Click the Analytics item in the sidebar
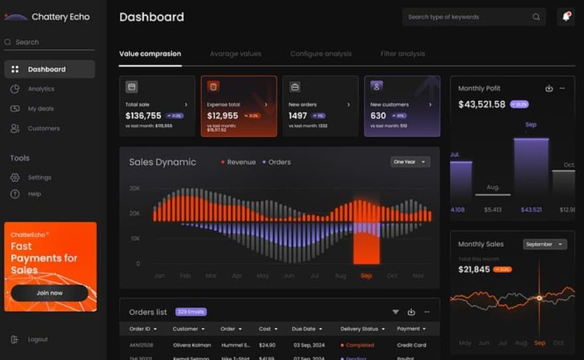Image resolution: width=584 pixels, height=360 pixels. (41, 89)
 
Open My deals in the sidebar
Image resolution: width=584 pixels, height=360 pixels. (40, 108)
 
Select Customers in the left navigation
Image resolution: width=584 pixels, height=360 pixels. (43, 128)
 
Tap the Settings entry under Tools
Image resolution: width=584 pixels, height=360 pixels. (39, 178)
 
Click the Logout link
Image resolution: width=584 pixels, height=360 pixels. (37, 339)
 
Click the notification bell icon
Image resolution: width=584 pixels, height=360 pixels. (566, 17)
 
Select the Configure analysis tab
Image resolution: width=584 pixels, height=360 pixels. (321, 54)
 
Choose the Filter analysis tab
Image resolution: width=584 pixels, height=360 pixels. (403, 54)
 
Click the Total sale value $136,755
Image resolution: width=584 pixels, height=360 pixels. (143, 116)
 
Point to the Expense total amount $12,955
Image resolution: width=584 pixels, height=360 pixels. (222, 116)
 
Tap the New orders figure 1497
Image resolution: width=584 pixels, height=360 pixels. (298, 116)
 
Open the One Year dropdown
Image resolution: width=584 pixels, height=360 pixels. (410, 162)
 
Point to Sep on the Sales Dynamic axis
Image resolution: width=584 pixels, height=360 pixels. (366, 275)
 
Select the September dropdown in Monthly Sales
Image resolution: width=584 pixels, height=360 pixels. (545, 244)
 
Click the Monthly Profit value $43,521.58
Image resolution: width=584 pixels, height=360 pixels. (482, 104)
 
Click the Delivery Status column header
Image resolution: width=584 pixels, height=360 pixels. (362, 329)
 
